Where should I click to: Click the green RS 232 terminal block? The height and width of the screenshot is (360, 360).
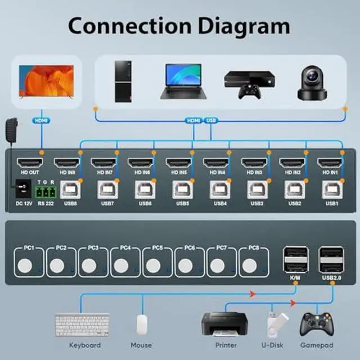click(x=44, y=192)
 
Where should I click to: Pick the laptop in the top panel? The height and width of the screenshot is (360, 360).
click(x=183, y=82)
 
